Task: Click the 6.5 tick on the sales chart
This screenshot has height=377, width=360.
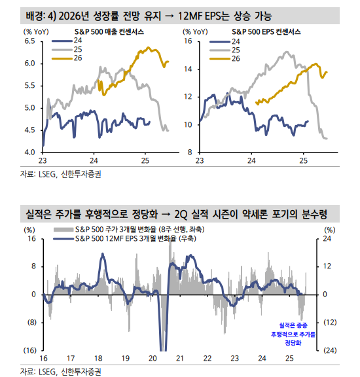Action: click(x=29, y=41)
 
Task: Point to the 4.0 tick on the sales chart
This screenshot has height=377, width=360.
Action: click(x=29, y=152)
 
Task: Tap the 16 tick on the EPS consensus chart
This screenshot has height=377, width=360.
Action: click(x=187, y=41)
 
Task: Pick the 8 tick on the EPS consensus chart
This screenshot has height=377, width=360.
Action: click(x=189, y=152)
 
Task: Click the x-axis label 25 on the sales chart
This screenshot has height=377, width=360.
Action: click(x=145, y=161)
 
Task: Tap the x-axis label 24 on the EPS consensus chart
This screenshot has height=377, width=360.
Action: click(x=252, y=161)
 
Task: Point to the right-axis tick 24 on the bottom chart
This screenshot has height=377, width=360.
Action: click(x=329, y=239)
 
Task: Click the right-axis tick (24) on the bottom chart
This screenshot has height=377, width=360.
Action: click(x=329, y=350)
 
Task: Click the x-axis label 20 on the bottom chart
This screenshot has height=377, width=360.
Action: click(x=153, y=359)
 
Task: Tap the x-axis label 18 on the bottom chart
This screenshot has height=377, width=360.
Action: click(x=98, y=359)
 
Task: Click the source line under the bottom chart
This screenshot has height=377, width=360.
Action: click(x=62, y=371)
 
